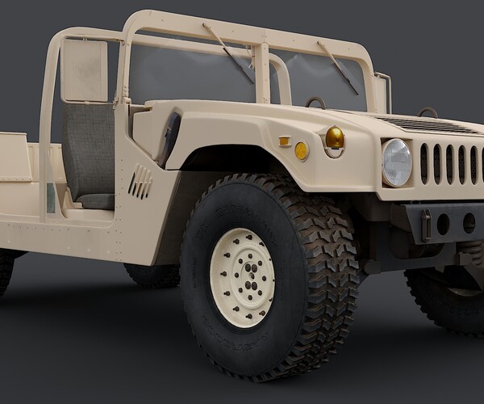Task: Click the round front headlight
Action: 396,162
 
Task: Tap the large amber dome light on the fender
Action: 334,139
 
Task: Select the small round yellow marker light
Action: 302,150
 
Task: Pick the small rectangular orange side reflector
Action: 284,141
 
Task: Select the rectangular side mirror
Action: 85,70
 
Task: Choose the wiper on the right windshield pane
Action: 339,67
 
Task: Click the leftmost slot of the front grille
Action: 424,163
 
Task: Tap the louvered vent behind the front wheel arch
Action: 140,182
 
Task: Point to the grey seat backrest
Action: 89,149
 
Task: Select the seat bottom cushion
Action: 95,200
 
